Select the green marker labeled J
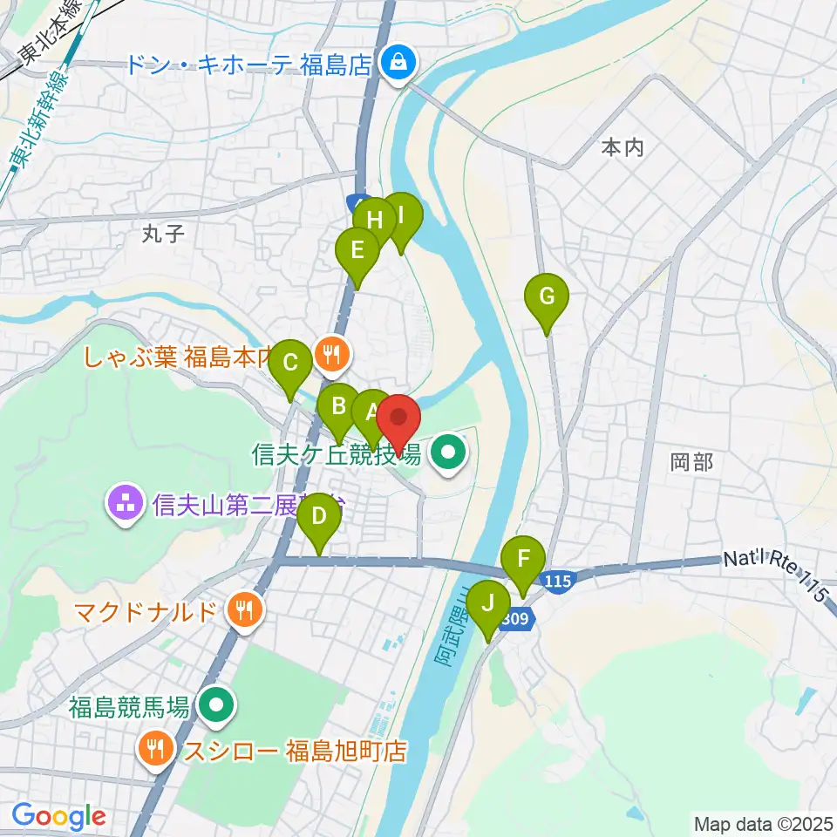point(487,604)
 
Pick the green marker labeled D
point(319,517)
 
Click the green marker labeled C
point(290,363)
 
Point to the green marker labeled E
point(357,251)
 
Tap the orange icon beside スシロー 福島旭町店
point(155,748)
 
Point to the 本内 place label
point(623,148)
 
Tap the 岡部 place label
point(692,462)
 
